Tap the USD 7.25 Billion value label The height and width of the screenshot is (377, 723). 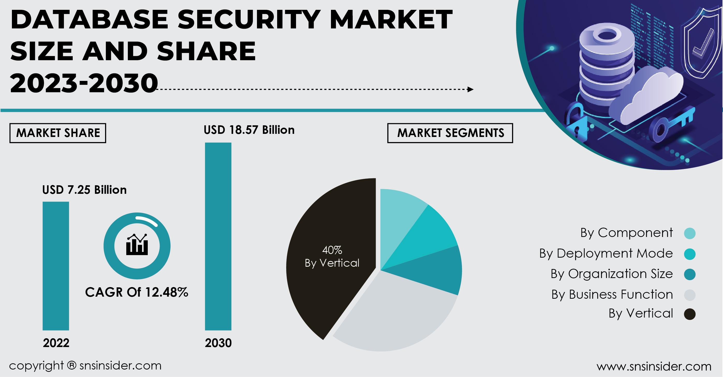84,190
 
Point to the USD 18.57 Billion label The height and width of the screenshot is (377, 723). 249,130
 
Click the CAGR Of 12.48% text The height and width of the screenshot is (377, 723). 136,292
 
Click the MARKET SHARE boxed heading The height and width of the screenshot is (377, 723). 58,133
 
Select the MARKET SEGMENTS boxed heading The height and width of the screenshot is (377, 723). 450,133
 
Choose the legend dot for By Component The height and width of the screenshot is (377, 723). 689,233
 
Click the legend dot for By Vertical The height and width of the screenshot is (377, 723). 689,314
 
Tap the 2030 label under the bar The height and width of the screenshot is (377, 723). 218,343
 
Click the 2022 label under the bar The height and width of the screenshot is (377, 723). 56,343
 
